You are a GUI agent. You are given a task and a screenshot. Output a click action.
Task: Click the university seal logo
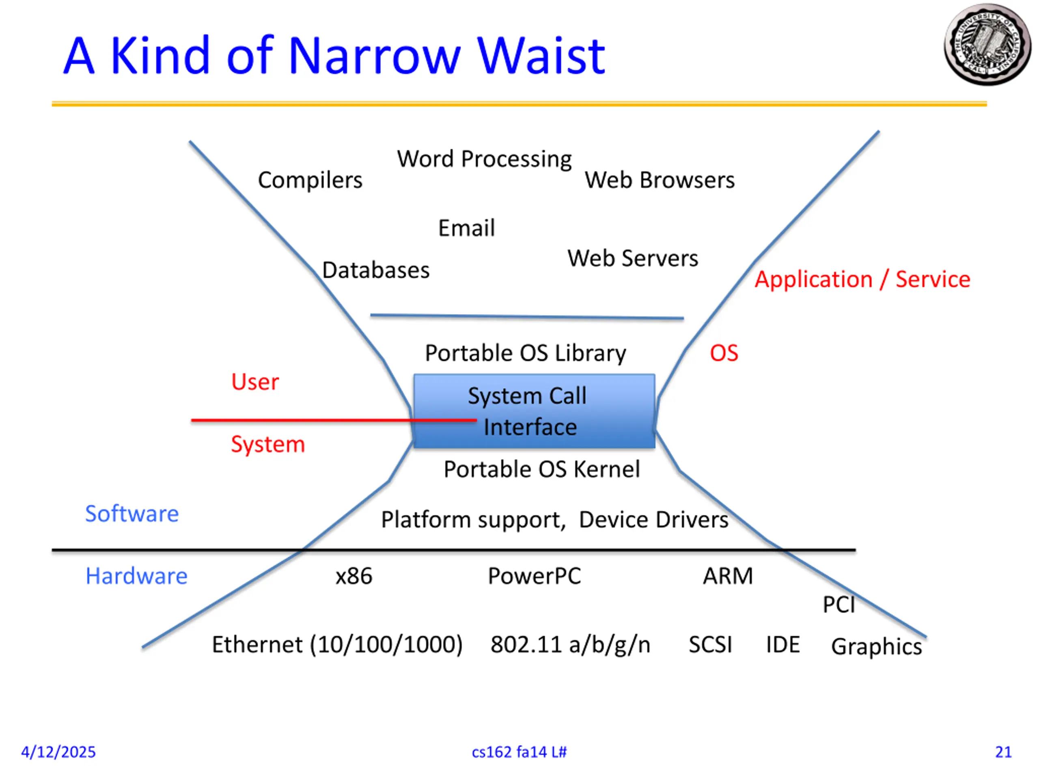[987, 45]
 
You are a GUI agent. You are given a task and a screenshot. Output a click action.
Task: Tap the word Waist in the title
[541, 56]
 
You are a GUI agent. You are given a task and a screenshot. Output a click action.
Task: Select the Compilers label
[310, 180]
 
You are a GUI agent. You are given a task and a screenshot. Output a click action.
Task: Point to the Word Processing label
[484, 159]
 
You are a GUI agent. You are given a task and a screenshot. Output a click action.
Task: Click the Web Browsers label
[660, 180]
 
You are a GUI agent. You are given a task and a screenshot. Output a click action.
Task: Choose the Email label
[466, 228]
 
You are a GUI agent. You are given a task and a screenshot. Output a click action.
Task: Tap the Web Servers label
[633, 258]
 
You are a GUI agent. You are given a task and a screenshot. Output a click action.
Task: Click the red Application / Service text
[862, 280]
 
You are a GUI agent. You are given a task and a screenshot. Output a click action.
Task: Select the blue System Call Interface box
[534, 411]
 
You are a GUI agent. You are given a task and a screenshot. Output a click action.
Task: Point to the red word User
[255, 382]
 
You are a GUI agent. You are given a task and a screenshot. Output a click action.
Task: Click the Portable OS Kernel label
[541, 469]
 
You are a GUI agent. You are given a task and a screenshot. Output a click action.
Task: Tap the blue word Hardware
[136, 576]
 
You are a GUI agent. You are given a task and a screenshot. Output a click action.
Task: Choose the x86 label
[354, 576]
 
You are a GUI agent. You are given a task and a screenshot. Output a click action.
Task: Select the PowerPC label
[534, 576]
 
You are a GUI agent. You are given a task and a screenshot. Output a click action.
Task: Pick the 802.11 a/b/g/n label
[570, 645]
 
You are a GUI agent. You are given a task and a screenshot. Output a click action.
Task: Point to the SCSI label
[710, 645]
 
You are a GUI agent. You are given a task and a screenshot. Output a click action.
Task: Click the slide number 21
[1003, 752]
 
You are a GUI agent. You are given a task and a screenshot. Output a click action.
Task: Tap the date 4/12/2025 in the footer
[58, 752]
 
